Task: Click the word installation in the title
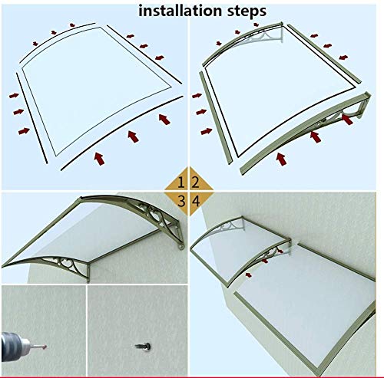click(x=180, y=11)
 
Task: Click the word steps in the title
click(x=247, y=12)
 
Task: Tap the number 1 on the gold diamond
click(x=181, y=182)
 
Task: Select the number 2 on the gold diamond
click(x=196, y=182)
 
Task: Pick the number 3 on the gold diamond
click(x=181, y=201)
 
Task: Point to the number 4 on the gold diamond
click(x=196, y=201)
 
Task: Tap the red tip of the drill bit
click(x=45, y=347)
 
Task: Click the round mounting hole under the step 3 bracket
click(x=181, y=247)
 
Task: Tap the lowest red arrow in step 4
click(x=248, y=275)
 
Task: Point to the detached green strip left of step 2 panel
click(x=216, y=118)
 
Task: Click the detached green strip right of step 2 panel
click(x=324, y=54)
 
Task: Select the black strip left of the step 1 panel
click(x=31, y=118)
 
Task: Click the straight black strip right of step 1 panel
click(x=144, y=54)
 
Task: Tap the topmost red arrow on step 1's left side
click(x=14, y=96)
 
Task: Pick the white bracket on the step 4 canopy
click(x=229, y=225)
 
